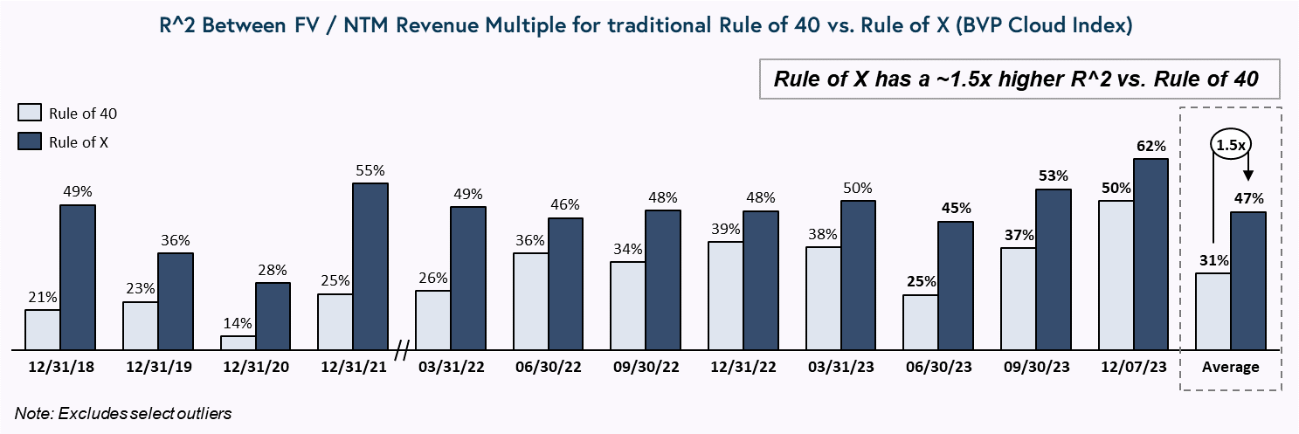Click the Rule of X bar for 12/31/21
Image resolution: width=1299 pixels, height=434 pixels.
(370, 266)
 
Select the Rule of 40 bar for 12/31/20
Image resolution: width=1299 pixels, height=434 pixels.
(238, 342)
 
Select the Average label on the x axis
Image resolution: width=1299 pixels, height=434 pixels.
(1231, 367)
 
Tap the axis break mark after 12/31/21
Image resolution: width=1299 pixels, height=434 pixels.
(402, 351)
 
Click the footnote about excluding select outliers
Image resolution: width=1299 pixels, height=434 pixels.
(123, 413)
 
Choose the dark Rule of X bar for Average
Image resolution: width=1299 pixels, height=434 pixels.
(1248, 280)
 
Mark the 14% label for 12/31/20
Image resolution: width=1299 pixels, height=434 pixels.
(238, 323)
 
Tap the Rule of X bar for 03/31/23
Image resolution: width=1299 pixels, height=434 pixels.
(859, 275)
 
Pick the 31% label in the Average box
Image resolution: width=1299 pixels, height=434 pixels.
(1213, 259)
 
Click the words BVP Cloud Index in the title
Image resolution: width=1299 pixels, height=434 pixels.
(1040, 27)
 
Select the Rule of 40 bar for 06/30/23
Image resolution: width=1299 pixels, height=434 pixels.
(921, 322)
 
